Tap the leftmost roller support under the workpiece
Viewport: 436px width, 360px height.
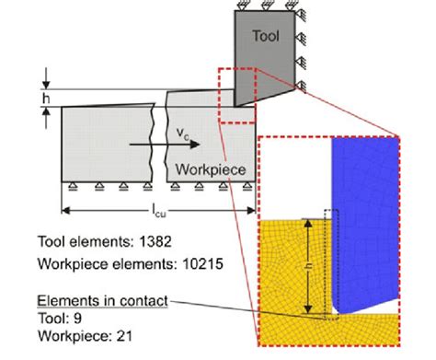tap(69, 188)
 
